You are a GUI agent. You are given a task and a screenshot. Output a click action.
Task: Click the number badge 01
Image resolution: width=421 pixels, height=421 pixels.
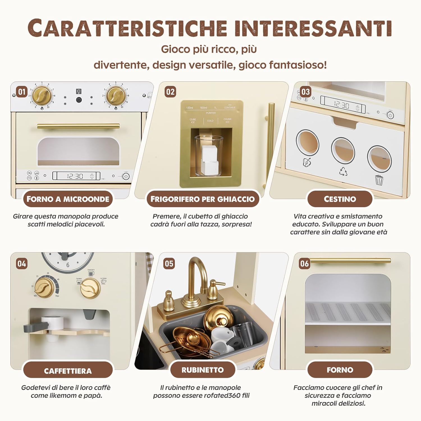coord(22,92)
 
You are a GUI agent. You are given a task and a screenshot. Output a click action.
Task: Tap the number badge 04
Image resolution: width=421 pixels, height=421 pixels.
coord(22,264)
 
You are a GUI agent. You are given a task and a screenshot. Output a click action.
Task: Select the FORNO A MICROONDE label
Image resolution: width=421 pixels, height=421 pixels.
coord(68,199)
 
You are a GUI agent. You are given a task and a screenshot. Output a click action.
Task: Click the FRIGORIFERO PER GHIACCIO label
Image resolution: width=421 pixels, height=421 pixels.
coord(202,199)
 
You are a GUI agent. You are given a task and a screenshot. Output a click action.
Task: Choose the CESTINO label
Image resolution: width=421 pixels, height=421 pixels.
coord(340,199)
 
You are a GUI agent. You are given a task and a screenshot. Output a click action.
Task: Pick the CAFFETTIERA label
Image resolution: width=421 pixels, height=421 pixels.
coord(68,371)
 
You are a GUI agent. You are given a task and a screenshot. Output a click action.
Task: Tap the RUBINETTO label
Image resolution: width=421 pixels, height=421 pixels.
coord(202,370)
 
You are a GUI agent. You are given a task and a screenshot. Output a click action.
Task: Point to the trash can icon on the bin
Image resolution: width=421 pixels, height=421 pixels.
coord(379,180)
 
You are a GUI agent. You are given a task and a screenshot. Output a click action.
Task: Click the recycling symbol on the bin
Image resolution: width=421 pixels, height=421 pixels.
coord(343,171)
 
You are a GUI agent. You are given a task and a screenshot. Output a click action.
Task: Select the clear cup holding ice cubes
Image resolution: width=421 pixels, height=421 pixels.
coord(209,156)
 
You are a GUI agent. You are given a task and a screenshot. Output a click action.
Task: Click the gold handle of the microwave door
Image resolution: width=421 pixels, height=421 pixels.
coord(78,126)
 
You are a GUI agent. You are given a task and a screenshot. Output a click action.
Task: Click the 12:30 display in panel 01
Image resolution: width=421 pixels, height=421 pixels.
coord(75,176)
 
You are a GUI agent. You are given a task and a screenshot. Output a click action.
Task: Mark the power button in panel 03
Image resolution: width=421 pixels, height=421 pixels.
coord(390,115)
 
